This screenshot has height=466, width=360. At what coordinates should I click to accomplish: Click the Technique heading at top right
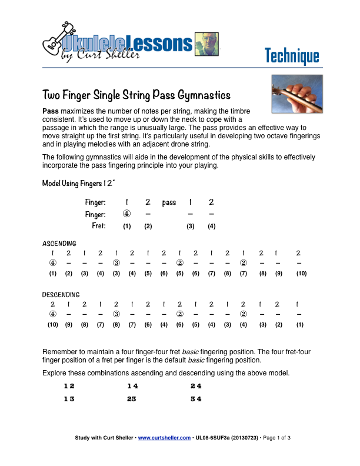click(x=291, y=56)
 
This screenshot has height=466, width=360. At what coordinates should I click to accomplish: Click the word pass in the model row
click(x=169, y=202)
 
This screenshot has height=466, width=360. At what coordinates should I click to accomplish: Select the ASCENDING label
click(x=59, y=243)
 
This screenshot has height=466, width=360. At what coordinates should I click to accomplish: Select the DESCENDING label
click(x=61, y=294)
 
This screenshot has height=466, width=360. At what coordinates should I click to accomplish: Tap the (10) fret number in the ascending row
click(x=301, y=274)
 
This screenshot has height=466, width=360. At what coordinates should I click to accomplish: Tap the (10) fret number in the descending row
click(x=52, y=325)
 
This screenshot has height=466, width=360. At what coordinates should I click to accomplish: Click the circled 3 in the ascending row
click(x=116, y=263)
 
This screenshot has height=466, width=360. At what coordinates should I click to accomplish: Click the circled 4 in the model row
click(x=126, y=214)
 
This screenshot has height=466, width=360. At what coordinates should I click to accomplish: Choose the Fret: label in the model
click(x=98, y=226)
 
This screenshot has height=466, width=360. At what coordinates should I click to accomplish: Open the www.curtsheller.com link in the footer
click(x=164, y=438)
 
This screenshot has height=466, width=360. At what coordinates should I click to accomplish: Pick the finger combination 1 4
click(x=132, y=386)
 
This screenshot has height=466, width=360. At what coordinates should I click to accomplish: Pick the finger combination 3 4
click(x=196, y=398)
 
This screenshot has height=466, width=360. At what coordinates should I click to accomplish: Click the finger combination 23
click(x=131, y=398)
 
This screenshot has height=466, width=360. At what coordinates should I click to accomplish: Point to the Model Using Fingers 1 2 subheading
click(x=78, y=183)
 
